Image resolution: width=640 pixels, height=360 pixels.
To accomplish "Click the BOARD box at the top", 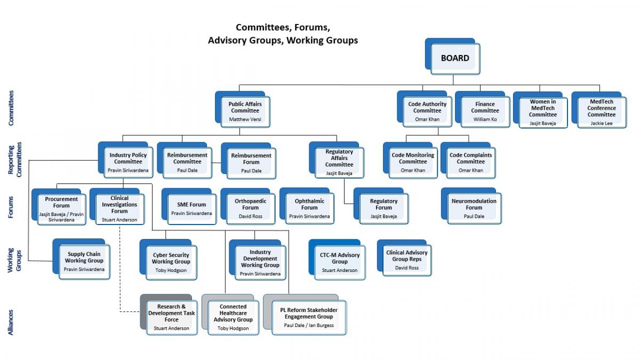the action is click(453, 57).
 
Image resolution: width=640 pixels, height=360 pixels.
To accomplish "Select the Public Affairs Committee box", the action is click(243, 109).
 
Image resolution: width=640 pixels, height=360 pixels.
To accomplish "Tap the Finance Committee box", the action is click(482, 109).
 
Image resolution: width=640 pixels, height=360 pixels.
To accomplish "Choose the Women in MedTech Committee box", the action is click(540, 110).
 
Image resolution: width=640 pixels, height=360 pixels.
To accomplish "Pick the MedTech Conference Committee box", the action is click(599, 110).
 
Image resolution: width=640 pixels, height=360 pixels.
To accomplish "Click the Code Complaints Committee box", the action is click(468, 161).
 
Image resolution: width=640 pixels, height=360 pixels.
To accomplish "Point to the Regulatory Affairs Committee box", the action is click(337, 160).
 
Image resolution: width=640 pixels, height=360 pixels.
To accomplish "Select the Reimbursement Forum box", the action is click(249, 161).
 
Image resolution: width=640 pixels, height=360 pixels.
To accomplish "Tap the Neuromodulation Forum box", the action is click(471, 206).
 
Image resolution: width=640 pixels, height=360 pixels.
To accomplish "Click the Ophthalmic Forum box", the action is click(307, 206).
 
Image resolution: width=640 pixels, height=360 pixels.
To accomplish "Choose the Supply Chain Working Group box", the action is click(82, 259).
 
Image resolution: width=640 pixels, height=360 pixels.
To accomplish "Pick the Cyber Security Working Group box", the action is click(169, 260).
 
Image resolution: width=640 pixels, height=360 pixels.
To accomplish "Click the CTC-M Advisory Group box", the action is click(337, 260).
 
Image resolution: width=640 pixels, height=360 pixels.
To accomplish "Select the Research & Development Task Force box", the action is click(169, 315).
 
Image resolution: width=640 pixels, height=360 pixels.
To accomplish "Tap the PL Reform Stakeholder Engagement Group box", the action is click(305, 315).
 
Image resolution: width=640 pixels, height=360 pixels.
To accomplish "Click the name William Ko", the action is click(485, 119).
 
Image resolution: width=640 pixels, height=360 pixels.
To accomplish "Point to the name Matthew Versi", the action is click(245, 119).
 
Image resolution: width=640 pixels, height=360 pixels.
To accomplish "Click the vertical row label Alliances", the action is click(11, 322).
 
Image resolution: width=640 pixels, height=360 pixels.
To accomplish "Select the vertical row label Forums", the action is click(11, 207).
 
